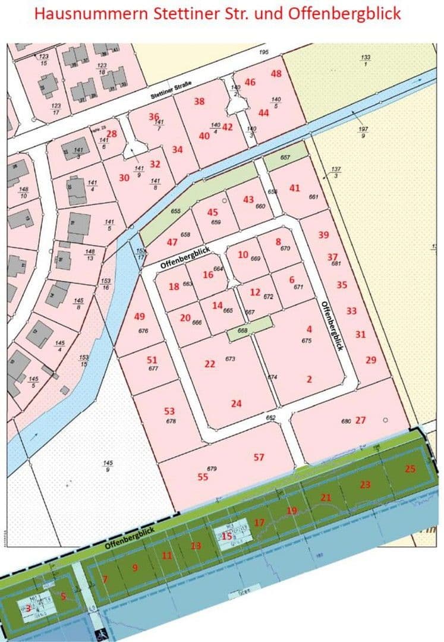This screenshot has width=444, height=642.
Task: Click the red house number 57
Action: (259, 457)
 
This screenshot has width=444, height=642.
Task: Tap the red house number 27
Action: (360, 420)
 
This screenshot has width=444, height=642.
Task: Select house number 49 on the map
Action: (140, 316)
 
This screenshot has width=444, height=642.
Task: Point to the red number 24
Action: (237, 404)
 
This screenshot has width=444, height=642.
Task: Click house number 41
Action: (295, 188)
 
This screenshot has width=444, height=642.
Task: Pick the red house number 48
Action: (276, 74)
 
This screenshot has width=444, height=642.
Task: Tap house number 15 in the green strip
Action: (227, 536)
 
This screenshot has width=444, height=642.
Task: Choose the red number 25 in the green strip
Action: (410, 468)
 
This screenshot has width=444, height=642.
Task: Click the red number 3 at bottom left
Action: (27, 608)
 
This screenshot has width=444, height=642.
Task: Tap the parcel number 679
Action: (212, 469)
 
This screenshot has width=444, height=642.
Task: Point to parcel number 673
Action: (231, 358)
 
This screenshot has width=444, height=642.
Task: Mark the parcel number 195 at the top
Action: (264, 52)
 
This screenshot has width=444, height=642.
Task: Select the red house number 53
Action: (169, 411)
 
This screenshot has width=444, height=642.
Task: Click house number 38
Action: (200, 101)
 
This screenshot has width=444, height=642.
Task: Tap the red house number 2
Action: (309, 379)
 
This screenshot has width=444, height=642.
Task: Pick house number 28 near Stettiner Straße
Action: (112, 134)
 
